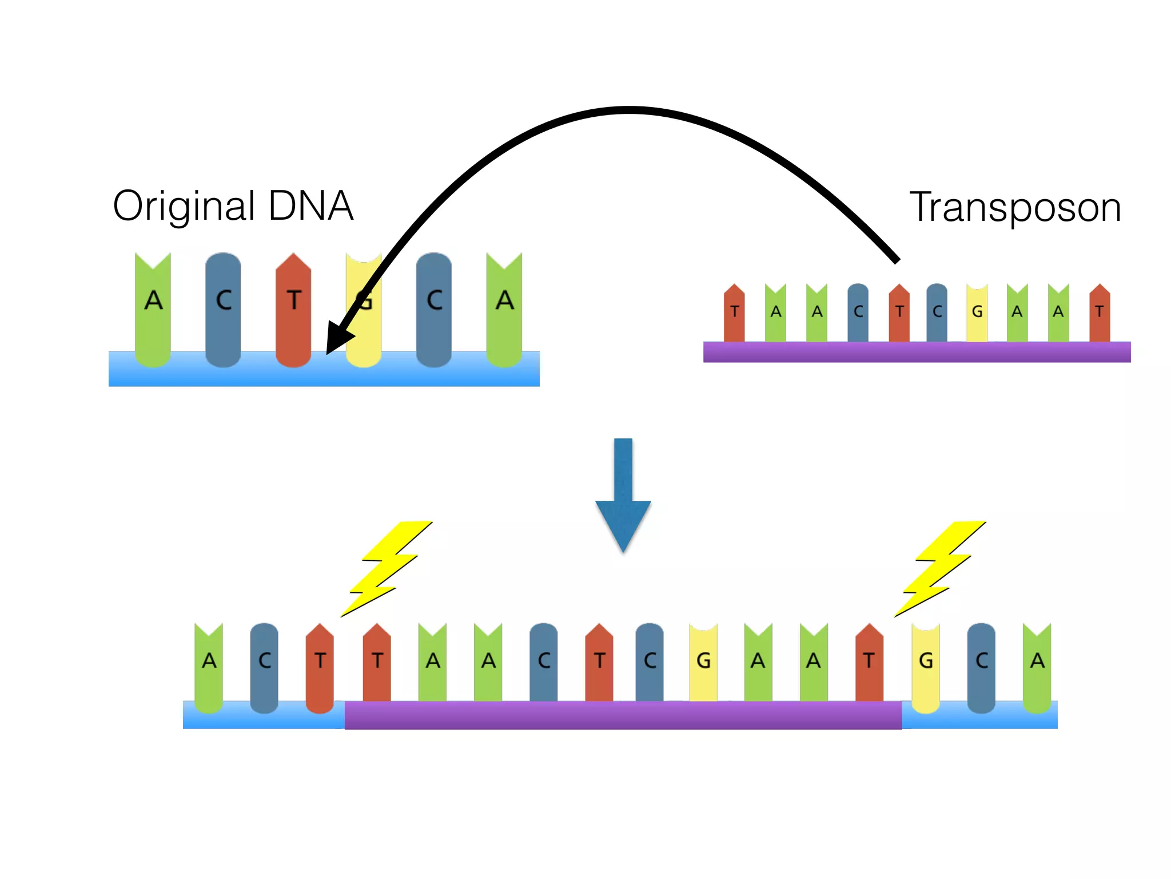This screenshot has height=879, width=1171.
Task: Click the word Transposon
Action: pyautogui.click(x=1015, y=207)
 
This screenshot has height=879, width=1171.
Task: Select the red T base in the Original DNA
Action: pyautogui.click(x=293, y=309)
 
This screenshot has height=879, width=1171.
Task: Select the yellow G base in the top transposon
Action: pyautogui.click(x=977, y=312)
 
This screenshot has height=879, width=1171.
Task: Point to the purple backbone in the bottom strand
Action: pyautogui.click(x=623, y=715)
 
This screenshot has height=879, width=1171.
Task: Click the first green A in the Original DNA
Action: pyautogui.click(x=153, y=309)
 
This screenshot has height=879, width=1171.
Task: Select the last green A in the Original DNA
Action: pyautogui.click(x=504, y=309)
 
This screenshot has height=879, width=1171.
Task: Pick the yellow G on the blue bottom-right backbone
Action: pyautogui.click(x=926, y=667)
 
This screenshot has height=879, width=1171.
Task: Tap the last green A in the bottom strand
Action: pyautogui.click(x=1037, y=667)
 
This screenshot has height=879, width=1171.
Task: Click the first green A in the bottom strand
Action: pyautogui.click(x=209, y=667)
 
